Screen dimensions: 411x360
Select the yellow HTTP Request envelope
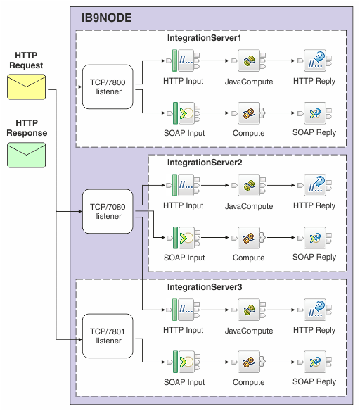[27, 87]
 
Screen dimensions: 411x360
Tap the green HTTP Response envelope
[27, 155]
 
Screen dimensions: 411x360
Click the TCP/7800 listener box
[108, 87]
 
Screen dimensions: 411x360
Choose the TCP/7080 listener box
[108, 212]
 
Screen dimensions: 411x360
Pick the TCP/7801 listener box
[108, 336]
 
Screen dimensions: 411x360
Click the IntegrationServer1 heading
[204, 37]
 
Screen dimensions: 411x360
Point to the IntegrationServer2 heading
[204, 163]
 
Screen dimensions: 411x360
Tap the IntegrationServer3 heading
[204, 287]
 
